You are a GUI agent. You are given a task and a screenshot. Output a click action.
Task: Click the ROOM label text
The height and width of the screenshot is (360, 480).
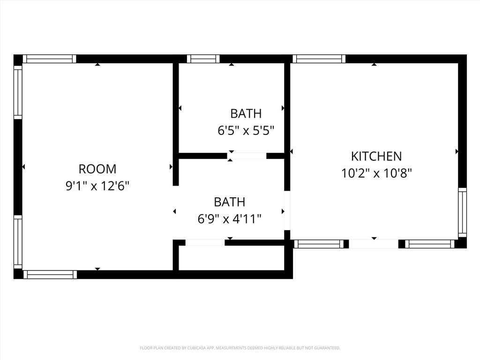tap(97, 169)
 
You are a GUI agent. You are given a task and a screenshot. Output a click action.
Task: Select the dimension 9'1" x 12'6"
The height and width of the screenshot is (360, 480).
tap(97, 186)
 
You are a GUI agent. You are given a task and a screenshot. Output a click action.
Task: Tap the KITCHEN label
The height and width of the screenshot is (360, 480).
tap(376, 156)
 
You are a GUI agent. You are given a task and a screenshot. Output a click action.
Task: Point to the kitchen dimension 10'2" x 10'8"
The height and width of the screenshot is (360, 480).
tap(376, 173)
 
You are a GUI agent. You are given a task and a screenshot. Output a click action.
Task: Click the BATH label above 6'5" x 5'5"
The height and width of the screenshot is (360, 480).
tap(246, 113)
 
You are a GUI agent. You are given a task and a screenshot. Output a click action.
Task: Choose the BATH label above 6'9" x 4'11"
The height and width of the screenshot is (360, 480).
tap(229, 202)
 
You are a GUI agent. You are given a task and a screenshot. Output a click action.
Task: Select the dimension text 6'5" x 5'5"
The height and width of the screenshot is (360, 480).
tap(246, 131)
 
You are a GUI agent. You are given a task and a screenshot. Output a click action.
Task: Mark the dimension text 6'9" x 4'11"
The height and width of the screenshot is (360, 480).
tap(229, 219)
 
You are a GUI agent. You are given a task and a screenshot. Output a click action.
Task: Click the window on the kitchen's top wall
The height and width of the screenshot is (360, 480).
tap(319, 59)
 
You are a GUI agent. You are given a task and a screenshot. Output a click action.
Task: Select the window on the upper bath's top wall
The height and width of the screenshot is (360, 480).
tap(203, 59)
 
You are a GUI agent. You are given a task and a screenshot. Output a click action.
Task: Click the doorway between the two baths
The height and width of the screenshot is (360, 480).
tap(247, 156)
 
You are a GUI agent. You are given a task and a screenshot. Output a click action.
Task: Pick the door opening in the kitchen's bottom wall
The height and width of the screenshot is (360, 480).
tap(374, 244)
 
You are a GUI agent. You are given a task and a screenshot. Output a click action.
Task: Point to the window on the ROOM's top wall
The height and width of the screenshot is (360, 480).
tap(49, 59)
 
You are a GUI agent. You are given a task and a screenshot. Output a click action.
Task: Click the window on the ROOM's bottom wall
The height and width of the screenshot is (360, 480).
tap(50, 275)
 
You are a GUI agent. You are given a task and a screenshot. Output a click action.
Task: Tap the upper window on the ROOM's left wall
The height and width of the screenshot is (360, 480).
tap(18, 92)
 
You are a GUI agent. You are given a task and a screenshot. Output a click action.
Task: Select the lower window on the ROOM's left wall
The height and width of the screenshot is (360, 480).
tap(18, 241)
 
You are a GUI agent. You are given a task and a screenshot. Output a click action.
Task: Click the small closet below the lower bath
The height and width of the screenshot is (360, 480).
tap(231, 258)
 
